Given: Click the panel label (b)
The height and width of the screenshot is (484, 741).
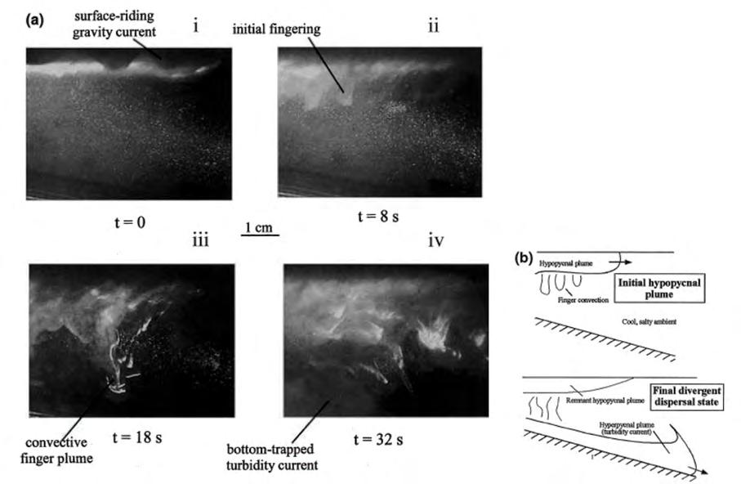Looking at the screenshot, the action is (524, 258).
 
